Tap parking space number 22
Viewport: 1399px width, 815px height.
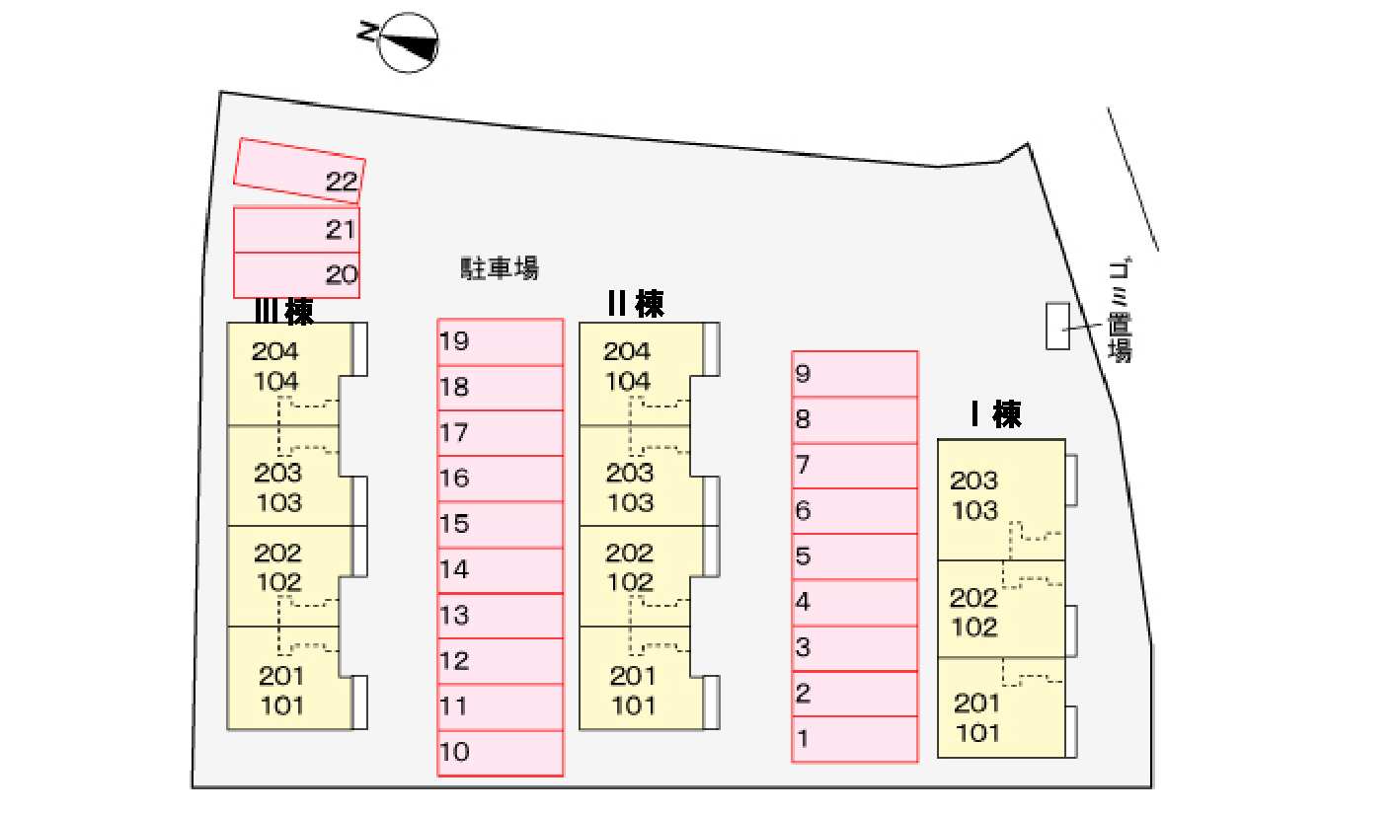coord(299,171)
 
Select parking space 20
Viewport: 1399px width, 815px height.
coord(296,275)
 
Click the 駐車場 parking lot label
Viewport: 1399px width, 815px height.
coord(499,268)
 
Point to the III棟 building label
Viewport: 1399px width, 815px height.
coord(284,312)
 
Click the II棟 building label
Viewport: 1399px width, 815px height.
coord(636,304)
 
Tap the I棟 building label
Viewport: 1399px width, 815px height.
coord(996,413)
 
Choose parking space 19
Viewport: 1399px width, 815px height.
coord(501,342)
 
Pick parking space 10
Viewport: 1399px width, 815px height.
coord(501,753)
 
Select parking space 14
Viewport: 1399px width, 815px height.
coord(501,570)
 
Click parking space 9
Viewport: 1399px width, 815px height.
coord(854,374)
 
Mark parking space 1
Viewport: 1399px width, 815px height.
coord(854,739)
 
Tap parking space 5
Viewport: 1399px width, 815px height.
coord(854,556)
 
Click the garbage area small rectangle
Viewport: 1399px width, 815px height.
coord(1058,326)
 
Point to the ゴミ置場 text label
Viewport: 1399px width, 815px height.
coord(1120,310)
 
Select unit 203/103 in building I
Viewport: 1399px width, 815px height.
coord(1001,500)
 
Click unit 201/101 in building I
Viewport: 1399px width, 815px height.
coord(1001,707)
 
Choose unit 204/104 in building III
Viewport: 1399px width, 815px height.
coord(290,374)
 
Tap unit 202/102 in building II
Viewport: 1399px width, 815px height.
coord(642,576)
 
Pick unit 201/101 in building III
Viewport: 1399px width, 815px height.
coord(290,678)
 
